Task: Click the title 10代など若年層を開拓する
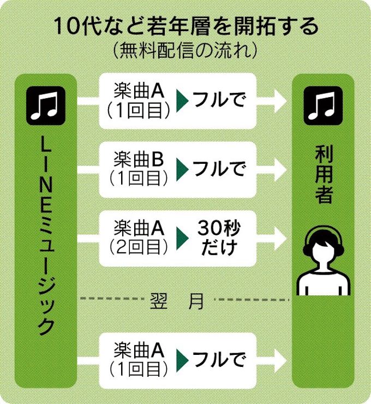(185, 26)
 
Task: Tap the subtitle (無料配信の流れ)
(185, 51)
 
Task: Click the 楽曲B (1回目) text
(139, 168)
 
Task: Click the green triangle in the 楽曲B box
(182, 169)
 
